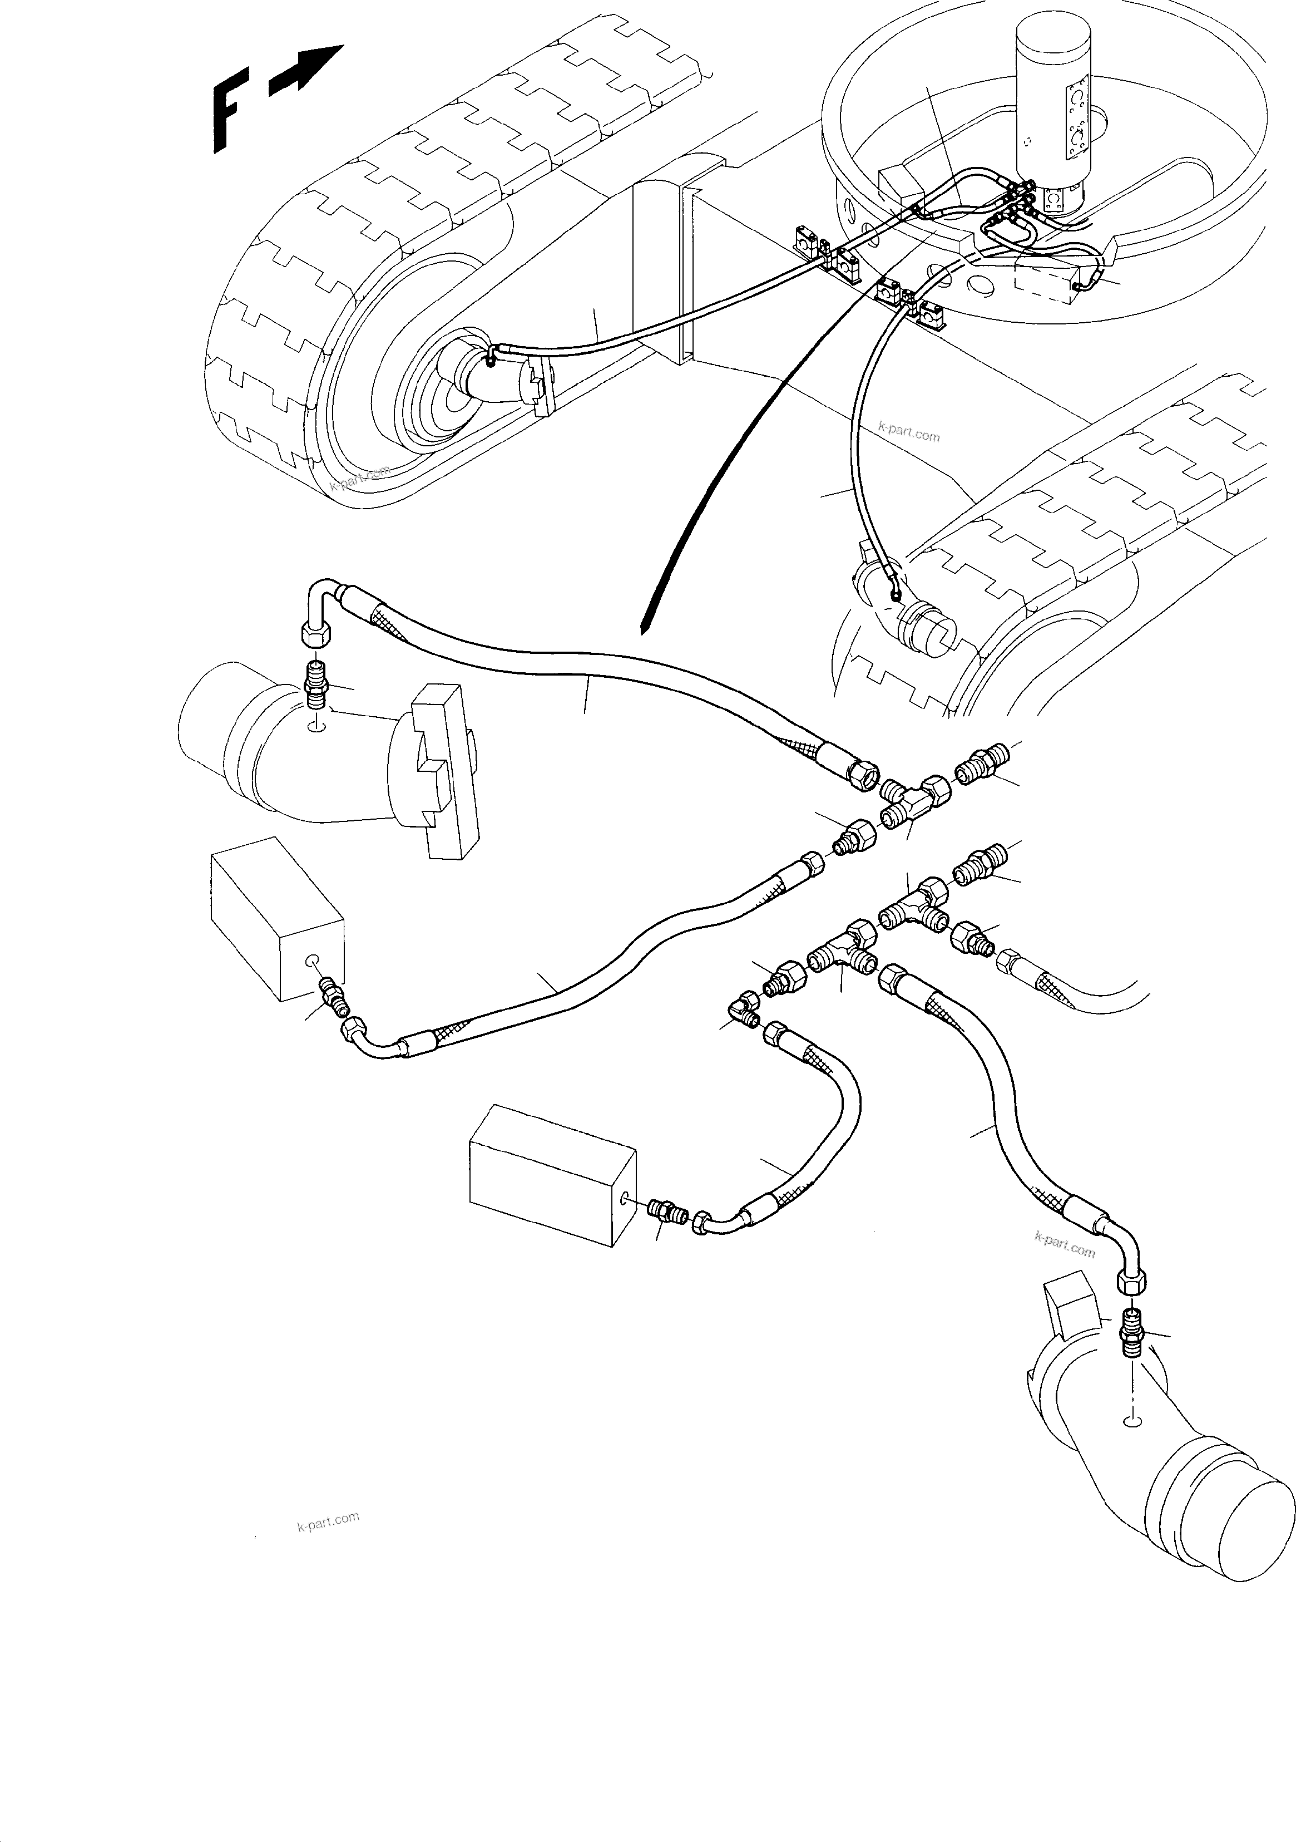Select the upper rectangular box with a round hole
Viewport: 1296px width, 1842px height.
click(x=276, y=919)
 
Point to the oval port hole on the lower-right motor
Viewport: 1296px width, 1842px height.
click(x=1132, y=1422)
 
